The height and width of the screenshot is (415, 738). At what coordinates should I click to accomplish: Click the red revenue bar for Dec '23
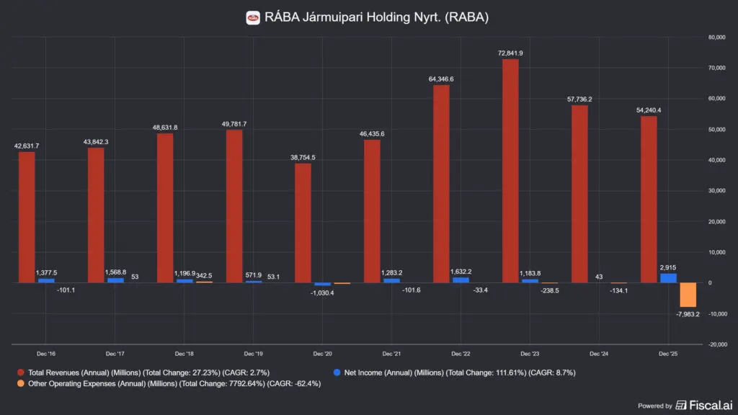coord(510,171)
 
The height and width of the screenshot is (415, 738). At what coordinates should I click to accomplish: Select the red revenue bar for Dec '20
coord(303,223)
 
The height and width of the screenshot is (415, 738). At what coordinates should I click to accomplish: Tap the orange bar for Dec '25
coord(688,295)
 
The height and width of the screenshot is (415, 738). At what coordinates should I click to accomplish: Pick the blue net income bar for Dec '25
coord(668,278)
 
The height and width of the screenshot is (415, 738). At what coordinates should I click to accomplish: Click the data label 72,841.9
coord(510,53)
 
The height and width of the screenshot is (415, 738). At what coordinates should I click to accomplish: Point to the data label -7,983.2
coord(688,314)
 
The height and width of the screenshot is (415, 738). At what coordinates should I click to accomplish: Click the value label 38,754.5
coord(303,158)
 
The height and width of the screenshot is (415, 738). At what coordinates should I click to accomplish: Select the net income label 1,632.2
coord(461,272)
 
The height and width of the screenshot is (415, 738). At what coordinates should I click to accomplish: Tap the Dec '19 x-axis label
coord(253,354)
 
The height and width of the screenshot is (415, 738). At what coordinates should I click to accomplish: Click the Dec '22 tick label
coord(461,354)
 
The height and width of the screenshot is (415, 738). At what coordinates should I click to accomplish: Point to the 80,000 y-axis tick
coord(716,37)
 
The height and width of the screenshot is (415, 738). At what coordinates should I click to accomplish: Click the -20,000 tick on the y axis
coord(717,344)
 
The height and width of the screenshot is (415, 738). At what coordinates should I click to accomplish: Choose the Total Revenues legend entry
coord(143,372)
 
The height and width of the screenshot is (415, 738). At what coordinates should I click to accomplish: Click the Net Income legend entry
coord(454,372)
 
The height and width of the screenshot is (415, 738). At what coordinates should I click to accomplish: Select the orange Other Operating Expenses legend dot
coord(21,383)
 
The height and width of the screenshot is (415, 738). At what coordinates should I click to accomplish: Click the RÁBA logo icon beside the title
coord(253,18)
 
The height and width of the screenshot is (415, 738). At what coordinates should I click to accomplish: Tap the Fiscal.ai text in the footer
coord(711,405)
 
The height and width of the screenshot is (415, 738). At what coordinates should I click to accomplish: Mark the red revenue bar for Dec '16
coord(27,218)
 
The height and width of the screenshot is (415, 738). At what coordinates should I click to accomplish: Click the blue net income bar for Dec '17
coord(115,280)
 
